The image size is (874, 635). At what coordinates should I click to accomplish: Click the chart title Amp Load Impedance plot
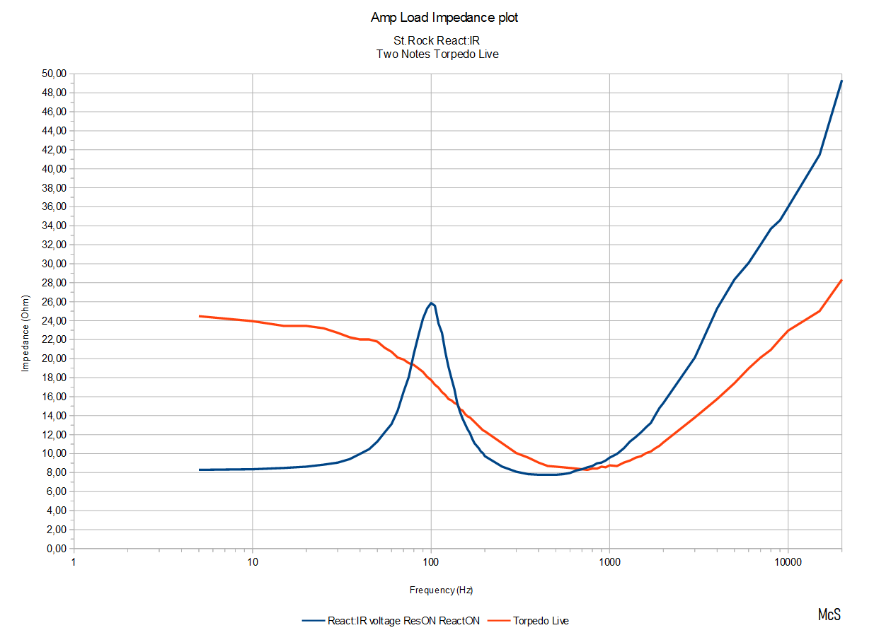444,18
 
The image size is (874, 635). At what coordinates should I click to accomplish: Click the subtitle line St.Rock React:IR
437,41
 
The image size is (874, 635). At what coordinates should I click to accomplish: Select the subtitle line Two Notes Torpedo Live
437,54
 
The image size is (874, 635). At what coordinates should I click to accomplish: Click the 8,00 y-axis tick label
55,472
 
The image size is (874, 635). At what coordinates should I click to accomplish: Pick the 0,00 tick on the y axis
55,549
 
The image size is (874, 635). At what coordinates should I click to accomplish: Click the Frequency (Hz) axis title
441,590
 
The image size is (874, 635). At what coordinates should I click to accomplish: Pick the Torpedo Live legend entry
541,621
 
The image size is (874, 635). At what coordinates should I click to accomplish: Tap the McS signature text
829,614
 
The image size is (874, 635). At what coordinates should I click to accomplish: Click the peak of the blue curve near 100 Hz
431,303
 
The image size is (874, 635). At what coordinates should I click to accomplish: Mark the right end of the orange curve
841,280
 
